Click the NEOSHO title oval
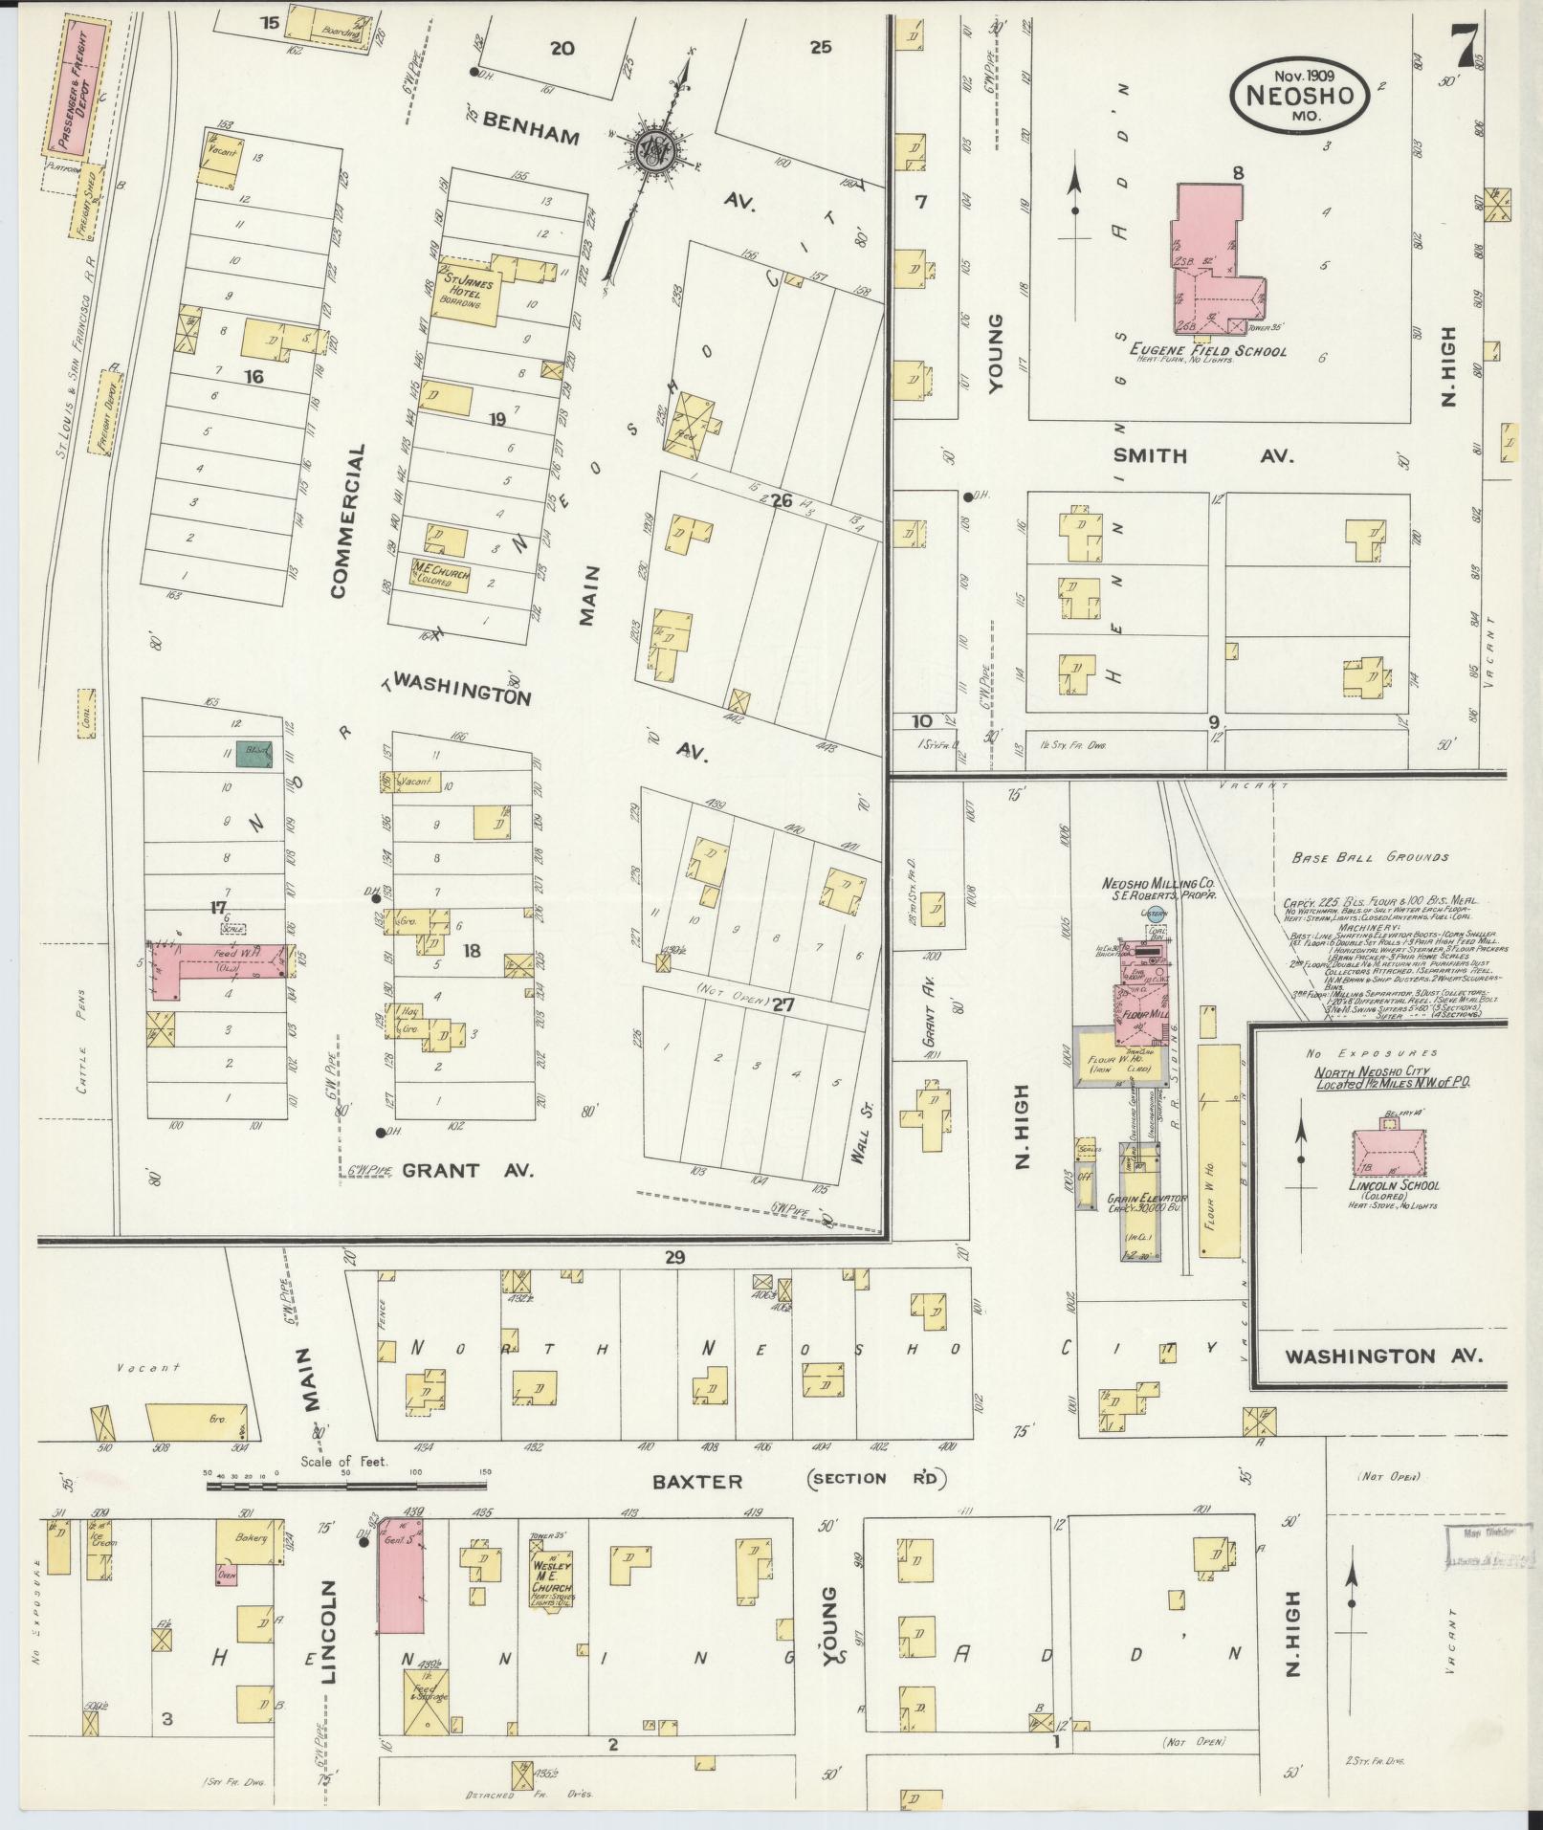tap(1297, 93)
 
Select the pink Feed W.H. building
tap(215, 962)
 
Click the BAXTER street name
tap(696, 1482)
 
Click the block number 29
tap(675, 1258)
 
